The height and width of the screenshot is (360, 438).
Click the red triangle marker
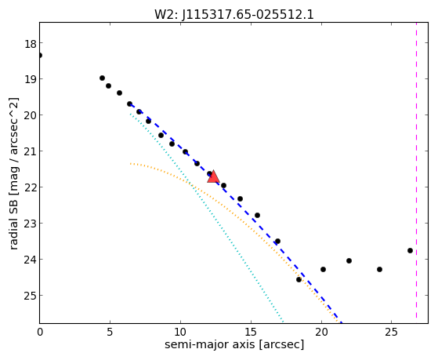coord(213,176)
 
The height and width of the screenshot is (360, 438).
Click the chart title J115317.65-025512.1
coord(248,15)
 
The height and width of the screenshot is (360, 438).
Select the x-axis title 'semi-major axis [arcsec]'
coord(234,344)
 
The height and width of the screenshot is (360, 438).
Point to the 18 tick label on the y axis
coord(31,44)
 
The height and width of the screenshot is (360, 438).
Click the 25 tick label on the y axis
coord(31,295)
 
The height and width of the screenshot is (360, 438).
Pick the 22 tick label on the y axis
coord(31,187)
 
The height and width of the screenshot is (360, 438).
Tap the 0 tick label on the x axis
coord(40,332)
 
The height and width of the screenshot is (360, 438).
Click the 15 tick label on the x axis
coord(251,332)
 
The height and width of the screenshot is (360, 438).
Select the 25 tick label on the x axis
coord(392,332)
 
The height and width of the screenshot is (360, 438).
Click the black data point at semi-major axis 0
coord(40,56)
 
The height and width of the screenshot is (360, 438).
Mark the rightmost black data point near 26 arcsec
coord(410,251)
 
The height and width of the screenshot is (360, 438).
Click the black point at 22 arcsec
coord(349,260)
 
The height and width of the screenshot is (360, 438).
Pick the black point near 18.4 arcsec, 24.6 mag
coord(299,279)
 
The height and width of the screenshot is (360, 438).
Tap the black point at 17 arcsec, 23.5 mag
coord(277,241)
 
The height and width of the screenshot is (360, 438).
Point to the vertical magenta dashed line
coord(416,170)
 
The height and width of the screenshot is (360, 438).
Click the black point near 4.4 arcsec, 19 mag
coord(102,78)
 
